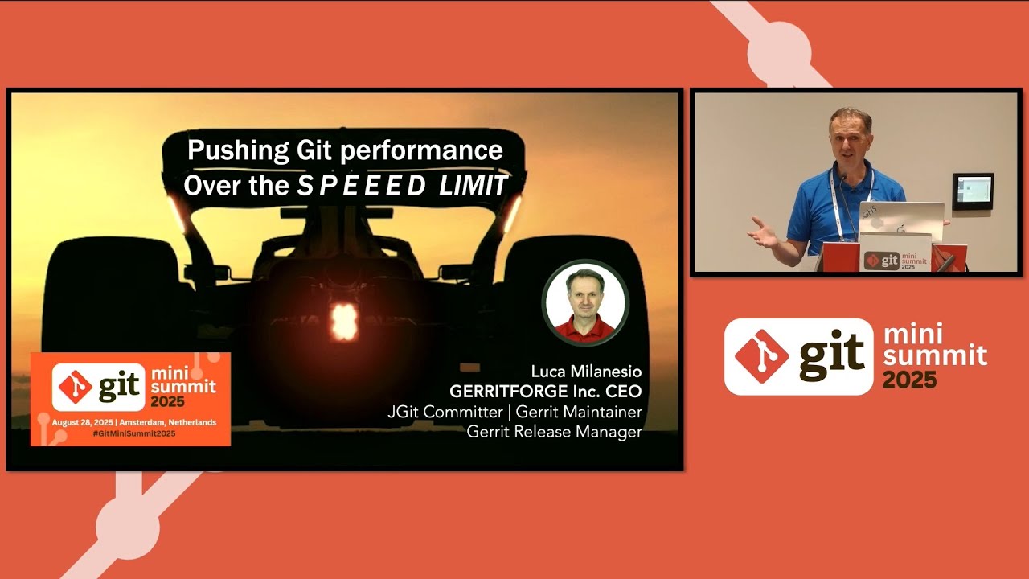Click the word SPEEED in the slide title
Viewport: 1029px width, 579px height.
(362, 187)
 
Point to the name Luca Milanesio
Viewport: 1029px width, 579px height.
(586, 372)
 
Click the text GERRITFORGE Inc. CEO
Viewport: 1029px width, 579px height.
(545, 392)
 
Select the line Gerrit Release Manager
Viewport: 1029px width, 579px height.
(554, 432)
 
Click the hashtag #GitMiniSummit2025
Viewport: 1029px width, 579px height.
(130, 433)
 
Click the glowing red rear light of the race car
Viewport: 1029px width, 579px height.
(344, 322)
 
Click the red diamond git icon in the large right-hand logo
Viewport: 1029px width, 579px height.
(761, 356)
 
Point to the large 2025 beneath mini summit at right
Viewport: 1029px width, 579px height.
(909, 379)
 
